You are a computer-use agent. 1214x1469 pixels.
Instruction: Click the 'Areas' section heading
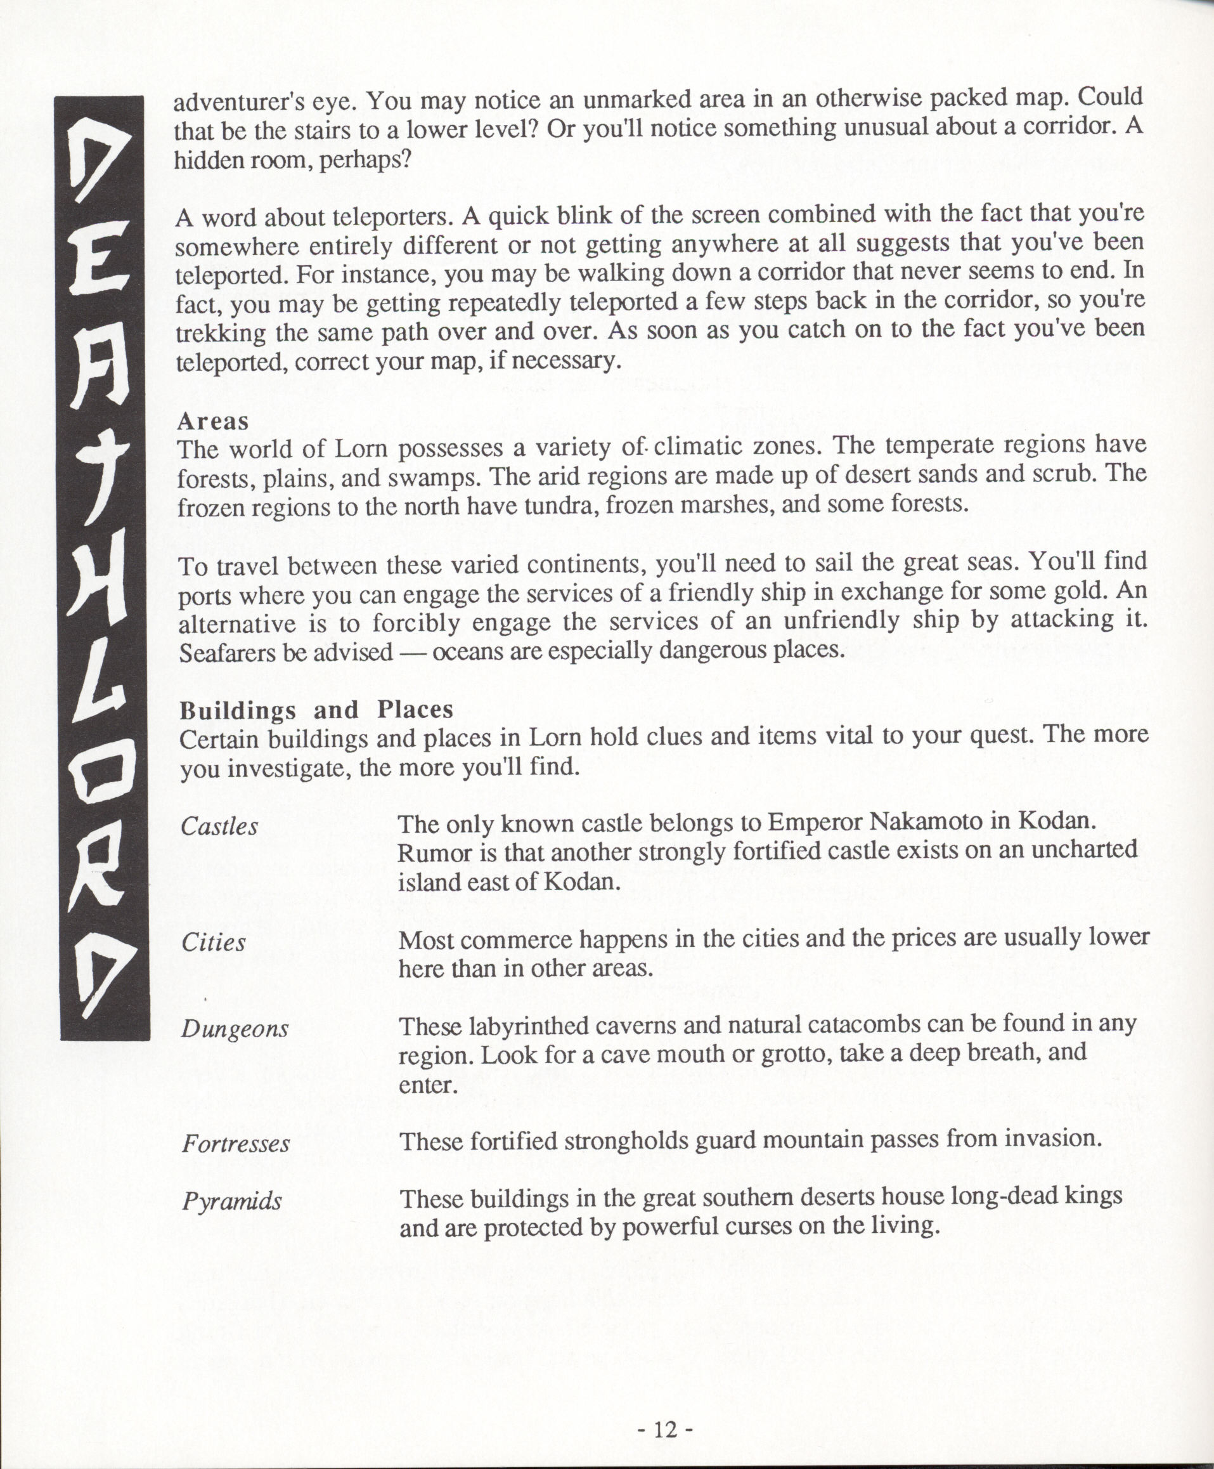pos(212,421)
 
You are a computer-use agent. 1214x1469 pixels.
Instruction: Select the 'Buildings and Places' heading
pos(316,710)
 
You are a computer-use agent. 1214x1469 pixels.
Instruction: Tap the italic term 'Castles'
pos(219,827)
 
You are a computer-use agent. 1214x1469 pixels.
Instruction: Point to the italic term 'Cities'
pos(213,943)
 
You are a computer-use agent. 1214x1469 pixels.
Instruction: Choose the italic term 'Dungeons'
pos(235,1029)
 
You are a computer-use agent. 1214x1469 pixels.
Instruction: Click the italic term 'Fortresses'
pos(236,1144)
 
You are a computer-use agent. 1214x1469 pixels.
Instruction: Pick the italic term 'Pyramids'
pos(231,1202)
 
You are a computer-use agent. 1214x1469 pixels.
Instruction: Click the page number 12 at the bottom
pos(665,1429)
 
